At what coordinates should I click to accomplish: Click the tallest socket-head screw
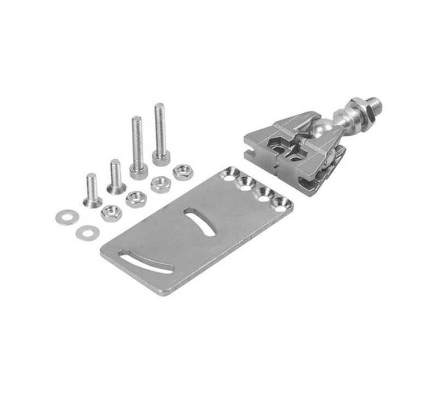pos(160,134)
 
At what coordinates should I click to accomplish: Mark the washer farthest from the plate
pos(66,217)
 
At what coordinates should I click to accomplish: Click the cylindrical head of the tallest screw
pos(161,159)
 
